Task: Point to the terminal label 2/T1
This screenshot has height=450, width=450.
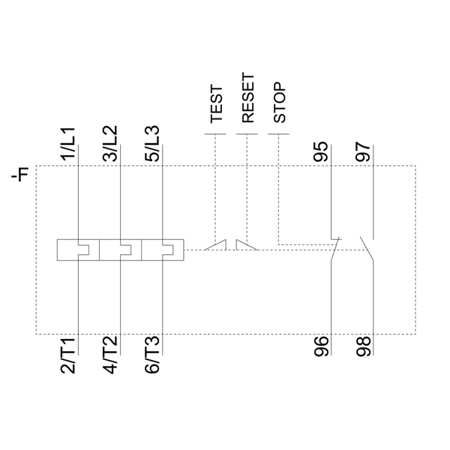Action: [68, 356]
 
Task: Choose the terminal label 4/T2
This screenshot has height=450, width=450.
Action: [110, 356]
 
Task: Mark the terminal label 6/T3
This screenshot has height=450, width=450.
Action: [152, 356]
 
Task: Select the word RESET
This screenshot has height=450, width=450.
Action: [248, 98]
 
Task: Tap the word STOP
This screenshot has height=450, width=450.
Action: [279, 103]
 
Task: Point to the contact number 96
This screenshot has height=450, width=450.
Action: [320, 346]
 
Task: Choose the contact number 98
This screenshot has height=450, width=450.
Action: [363, 346]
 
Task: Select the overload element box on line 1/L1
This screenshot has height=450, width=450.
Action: [78, 250]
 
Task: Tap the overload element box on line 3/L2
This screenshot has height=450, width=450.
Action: [120, 250]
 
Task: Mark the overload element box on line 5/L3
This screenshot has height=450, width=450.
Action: [162, 250]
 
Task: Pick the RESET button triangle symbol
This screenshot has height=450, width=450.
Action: [244, 244]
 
